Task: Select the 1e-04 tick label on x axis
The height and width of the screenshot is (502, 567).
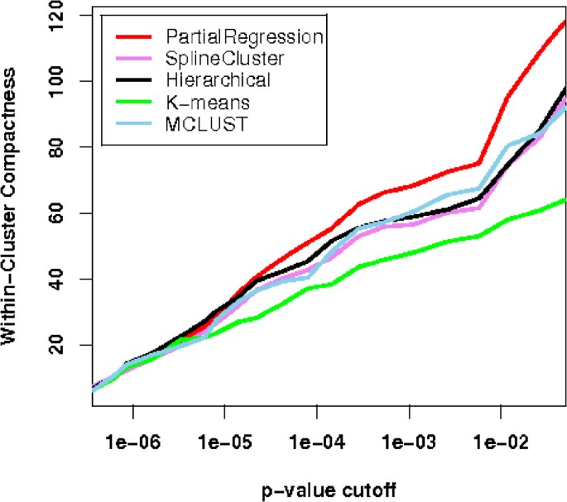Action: tap(316, 436)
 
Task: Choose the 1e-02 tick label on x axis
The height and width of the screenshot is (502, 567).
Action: tap(500, 436)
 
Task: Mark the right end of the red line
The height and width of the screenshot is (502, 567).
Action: tap(565, 22)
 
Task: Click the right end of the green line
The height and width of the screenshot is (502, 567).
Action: tap(565, 199)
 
